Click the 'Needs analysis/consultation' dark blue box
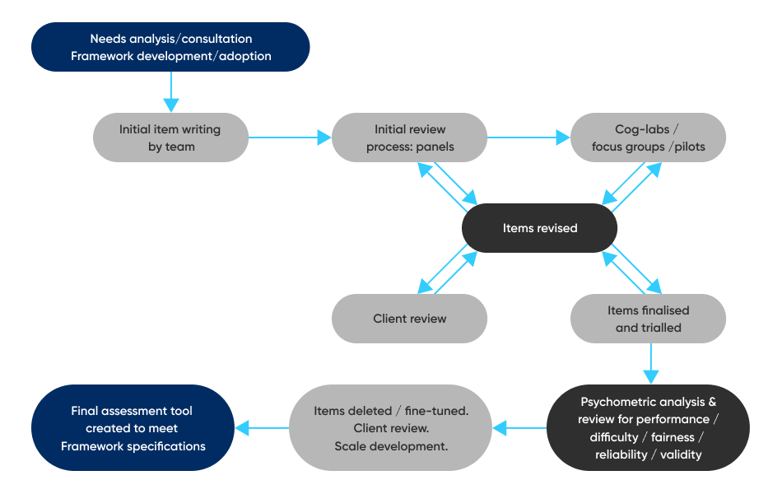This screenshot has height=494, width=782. tap(170, 47)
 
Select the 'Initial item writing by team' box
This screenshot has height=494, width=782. tap(170, 137)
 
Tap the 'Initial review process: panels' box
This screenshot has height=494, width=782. tap(409, 137)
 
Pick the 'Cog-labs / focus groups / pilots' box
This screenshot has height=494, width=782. tap(648, 137)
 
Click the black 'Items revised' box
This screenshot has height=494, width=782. tap(539, 228)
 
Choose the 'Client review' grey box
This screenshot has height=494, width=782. tap(409, 319)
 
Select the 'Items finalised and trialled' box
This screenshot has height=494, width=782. tap(648, 319)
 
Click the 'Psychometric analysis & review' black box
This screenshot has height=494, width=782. tap(648, 428)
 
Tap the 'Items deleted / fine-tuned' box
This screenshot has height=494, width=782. tap(391, 428)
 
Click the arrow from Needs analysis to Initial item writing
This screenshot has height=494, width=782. tap(170, 91)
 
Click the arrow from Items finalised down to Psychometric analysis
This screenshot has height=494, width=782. tap(651, 363)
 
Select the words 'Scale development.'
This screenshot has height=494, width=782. tap(391, 446)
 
